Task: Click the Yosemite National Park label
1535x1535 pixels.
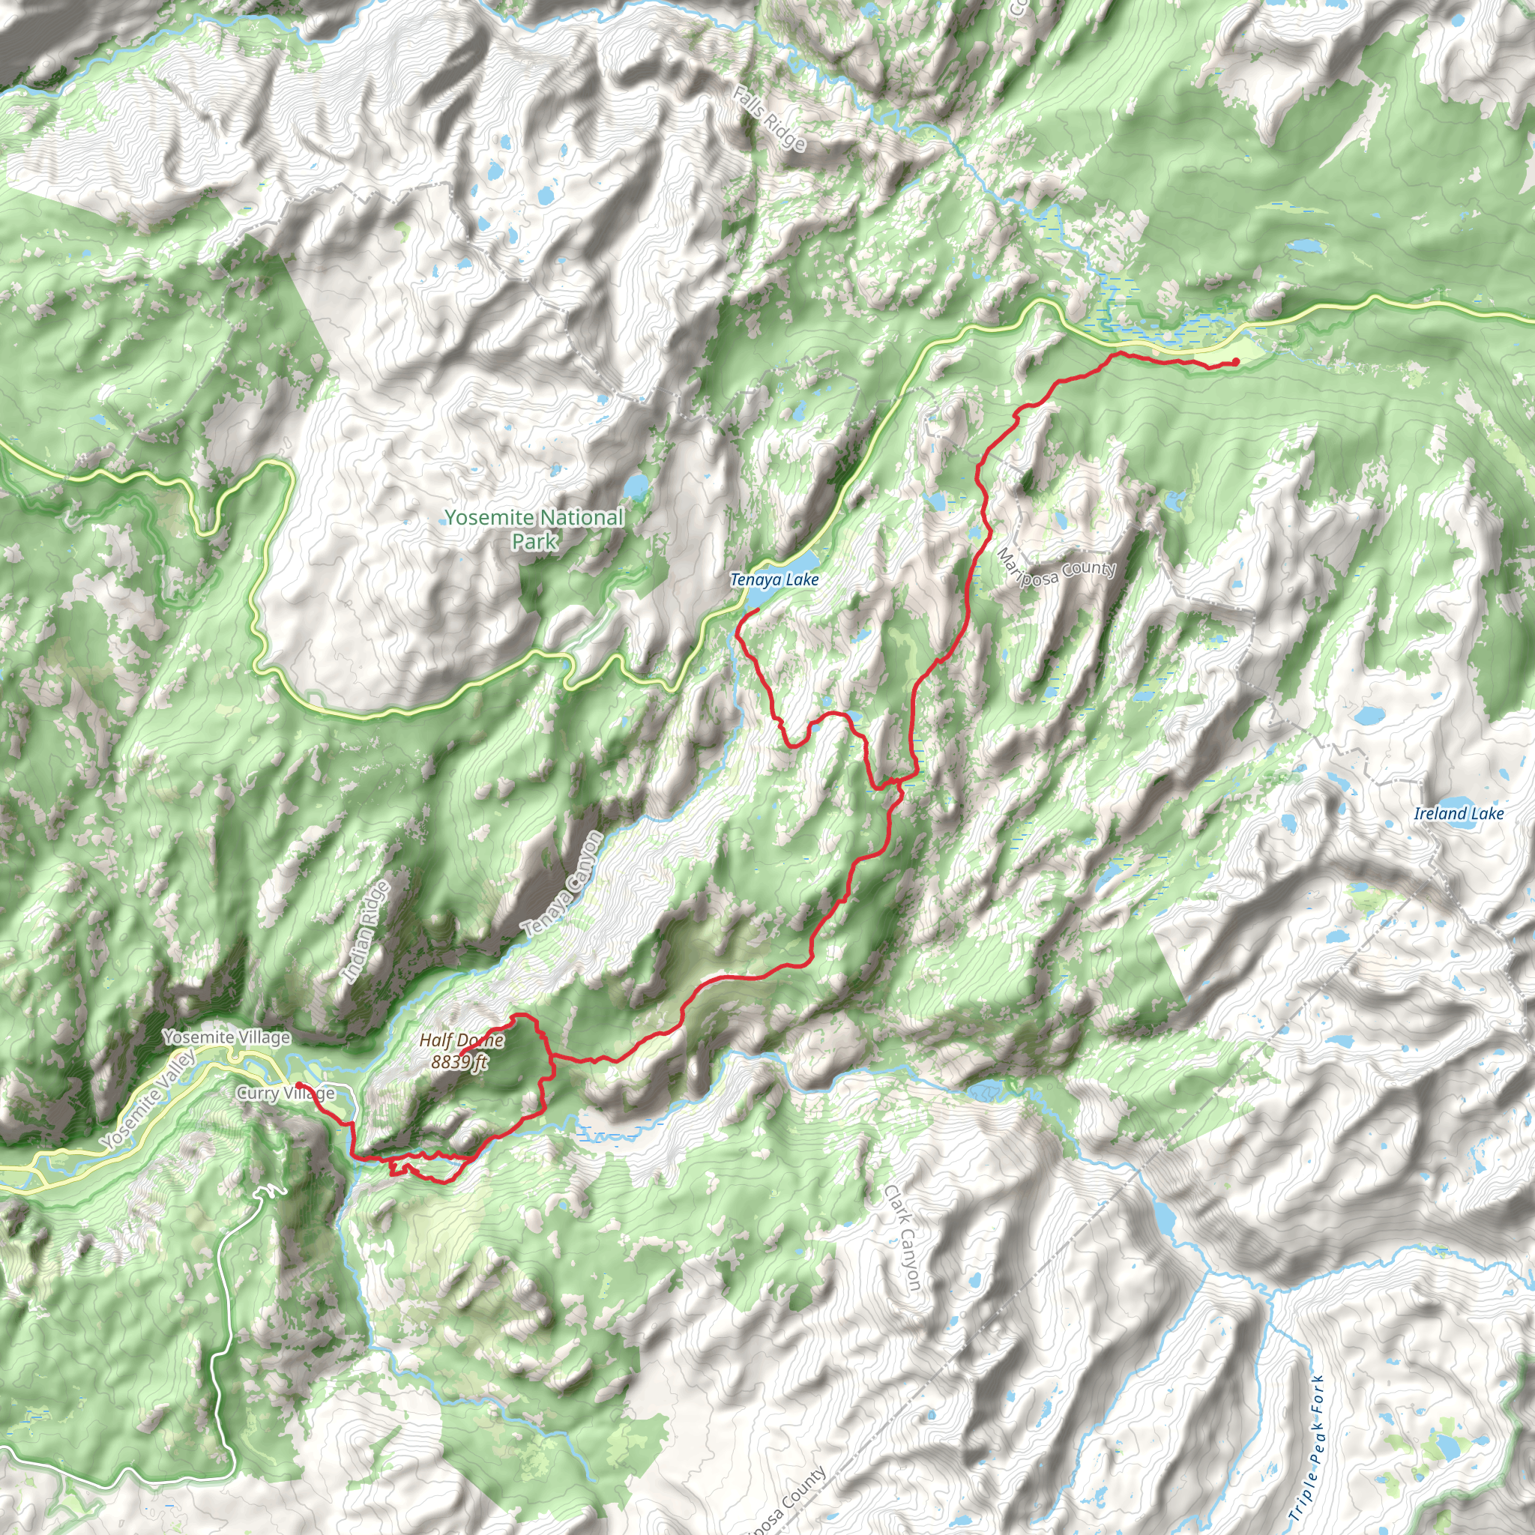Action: coord(534,529)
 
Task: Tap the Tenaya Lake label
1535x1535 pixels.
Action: coord(773,580)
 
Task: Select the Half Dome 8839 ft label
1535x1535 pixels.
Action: coord(462,1050)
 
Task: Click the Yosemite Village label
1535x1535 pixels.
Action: coord(226,1037)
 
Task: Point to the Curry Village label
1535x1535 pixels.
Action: coord(286,1094)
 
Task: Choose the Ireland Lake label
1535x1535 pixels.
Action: coord(1459,813)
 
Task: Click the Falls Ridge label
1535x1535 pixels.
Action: coord(768,119)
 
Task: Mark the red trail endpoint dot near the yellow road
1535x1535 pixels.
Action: coord(1235,362)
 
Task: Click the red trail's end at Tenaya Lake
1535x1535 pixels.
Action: coord(757,609)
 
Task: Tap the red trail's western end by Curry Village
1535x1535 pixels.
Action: coord(298,1085)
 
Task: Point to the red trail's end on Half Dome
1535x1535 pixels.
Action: coord(461,1056)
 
